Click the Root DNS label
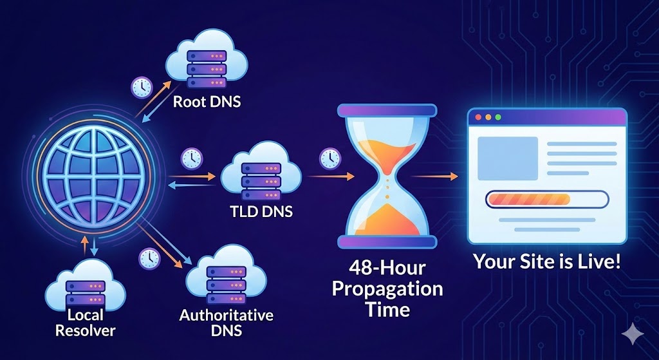pos(207,101)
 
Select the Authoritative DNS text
pos(226,323)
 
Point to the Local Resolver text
pos(85,323)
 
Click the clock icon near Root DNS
pos(141,87)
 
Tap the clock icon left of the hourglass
pos(329,157)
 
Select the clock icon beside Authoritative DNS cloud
pos(149,258)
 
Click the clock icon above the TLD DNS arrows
pos(191,157)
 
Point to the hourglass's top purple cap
pos(387,111)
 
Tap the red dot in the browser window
pos(478,118)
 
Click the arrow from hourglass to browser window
pos(433,175)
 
